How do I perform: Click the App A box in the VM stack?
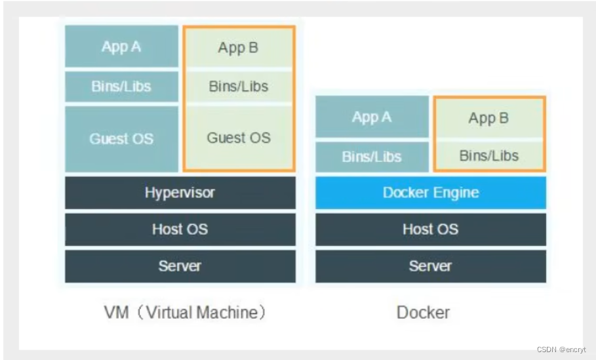[x=121, y=47]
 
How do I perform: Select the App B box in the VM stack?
[x=239, y=48]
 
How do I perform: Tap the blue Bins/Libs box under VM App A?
[x=121, y=87]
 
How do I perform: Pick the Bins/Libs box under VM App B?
[x=239, y=87]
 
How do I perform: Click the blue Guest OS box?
[x=121, y=138]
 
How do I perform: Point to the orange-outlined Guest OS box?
[x=239, y=138]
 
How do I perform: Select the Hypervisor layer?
[x=180, y=193]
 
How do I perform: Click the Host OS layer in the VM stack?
[x=180, y=229]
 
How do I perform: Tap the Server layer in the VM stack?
[x=180, y=266]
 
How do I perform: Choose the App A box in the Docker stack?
[x=372, y=117]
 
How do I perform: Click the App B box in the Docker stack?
[x=488, y=118]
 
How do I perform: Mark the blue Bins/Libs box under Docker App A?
[x=372, y=157]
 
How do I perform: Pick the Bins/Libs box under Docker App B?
[x=488, y=156]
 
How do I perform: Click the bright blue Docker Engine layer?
[x=430, y=193]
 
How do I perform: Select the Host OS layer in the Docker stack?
[x=430, y=229]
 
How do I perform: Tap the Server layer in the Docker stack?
[x=430, y=266]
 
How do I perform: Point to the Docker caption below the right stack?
[x=423, y=312]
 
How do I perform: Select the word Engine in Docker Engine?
[x=456, y=193]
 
